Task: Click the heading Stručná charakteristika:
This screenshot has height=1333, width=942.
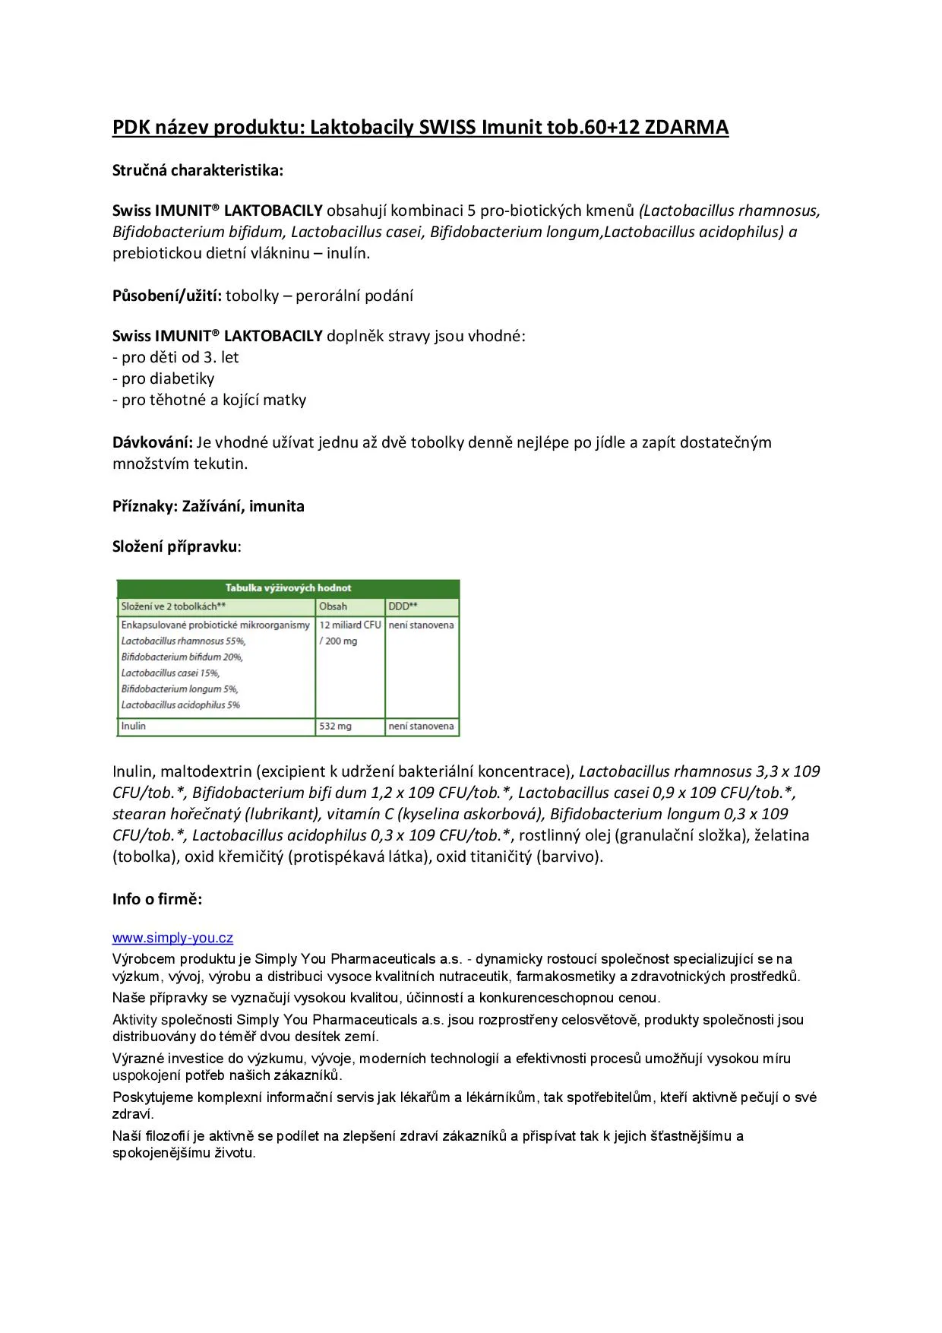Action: [x=198, y=170]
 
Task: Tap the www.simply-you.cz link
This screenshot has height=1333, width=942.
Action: [x=172, y=938]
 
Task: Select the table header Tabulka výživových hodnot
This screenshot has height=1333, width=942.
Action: [x=288, y=587]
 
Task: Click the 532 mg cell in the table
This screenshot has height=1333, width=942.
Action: [x=335, y=726]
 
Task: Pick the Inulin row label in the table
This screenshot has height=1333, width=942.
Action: [x=134, y=726]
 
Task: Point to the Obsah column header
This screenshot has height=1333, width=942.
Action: [x=333, y=606]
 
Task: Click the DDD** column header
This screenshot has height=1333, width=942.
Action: [x=403, y=606]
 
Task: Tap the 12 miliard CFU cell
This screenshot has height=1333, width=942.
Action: [x=349, y=625]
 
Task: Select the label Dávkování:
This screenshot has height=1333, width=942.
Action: [x=153, y=442]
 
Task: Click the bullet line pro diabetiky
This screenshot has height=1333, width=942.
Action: [x=163, y=378]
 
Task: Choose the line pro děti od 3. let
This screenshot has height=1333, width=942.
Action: [x=175, y=357]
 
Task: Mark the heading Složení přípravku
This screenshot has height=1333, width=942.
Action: [x=175, y=546]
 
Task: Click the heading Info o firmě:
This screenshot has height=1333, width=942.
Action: [x=157, y=899]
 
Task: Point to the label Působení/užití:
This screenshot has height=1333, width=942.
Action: [x=167, y=296]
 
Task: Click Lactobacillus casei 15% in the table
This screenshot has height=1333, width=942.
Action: [x=170, y=673]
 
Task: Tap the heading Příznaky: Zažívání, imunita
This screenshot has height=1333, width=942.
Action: [x=208, y=506]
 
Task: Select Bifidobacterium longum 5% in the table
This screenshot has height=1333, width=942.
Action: [x=179, y=689]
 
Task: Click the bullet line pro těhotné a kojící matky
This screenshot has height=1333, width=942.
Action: [x=209, y=400]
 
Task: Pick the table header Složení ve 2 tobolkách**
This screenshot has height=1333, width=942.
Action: [x=173, y=606]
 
